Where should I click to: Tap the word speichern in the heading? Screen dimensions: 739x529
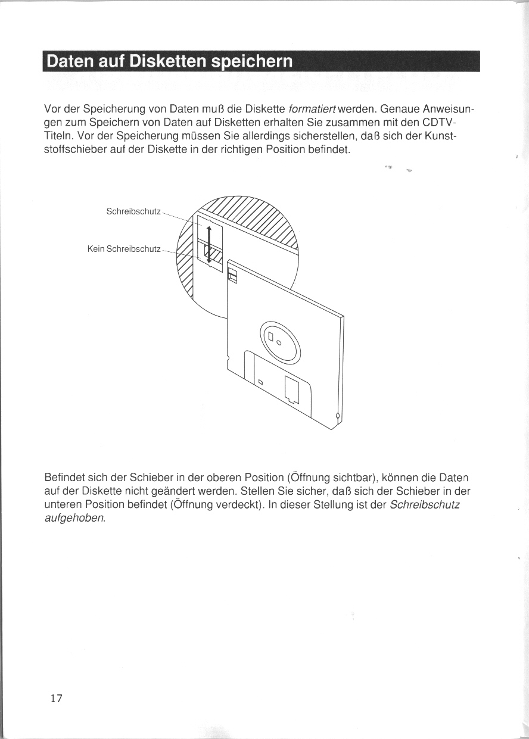click(x=260, y=62)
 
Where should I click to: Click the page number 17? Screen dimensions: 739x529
click(x=56, y=699)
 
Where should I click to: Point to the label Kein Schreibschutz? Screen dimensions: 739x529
click(x=124, y=248)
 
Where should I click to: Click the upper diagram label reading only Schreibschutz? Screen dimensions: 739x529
click(x=133, y=211)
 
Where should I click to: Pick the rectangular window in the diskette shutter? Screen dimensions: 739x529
click(x=292, y=388)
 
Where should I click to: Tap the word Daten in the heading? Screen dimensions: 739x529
click(x=69, y=62)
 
